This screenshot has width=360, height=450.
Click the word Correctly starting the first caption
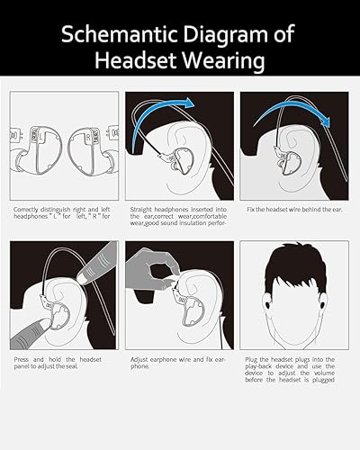click(30, 210)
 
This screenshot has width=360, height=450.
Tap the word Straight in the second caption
click(143, 210)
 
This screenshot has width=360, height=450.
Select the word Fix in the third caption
click(251, 210)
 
